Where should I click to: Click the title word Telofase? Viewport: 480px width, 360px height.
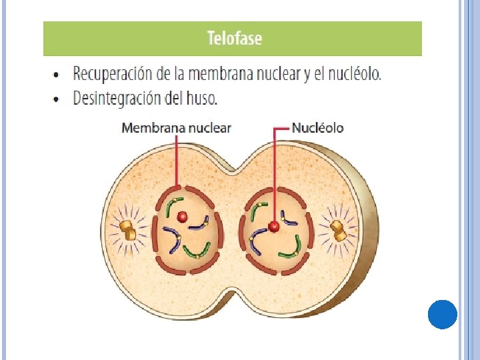tap(235, 38)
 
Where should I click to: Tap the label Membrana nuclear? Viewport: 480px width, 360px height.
tap(176, 128)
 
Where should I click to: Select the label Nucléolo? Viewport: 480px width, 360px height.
tap(318, 128)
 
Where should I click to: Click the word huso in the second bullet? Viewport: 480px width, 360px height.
tap(203, 99)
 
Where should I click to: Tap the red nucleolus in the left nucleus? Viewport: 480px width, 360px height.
tap(182, 216)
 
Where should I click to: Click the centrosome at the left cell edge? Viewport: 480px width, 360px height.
tap(128, 230)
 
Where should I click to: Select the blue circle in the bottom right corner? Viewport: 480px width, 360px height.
tap(442, 314)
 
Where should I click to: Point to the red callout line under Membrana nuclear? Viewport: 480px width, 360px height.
tap(176, 160)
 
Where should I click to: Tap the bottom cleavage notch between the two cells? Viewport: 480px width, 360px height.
tap(233, 293)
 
